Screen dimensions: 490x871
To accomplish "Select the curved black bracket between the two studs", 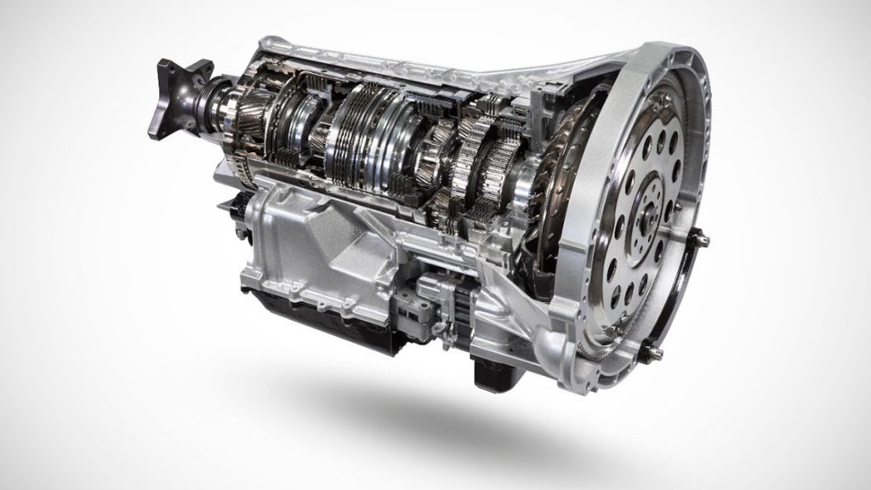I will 685,298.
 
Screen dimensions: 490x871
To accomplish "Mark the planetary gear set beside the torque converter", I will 476,170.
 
